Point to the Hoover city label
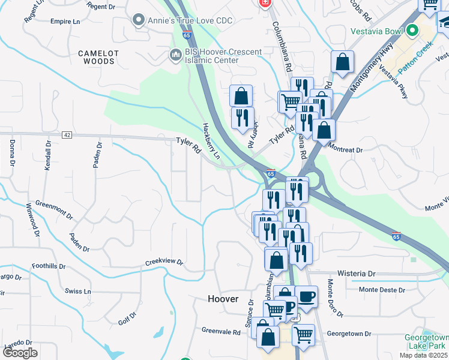[x=223, y=299]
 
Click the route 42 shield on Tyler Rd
[x=67, y=135]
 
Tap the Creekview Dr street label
[x=164, y=263]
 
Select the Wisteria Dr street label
[x=357, y=273]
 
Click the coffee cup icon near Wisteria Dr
[x=307, y=296]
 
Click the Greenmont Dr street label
[x=53, y=211]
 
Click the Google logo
[x=20, y=352]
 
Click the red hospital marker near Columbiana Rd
[x=264, y=4]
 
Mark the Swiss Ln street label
[x=79, y=291]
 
